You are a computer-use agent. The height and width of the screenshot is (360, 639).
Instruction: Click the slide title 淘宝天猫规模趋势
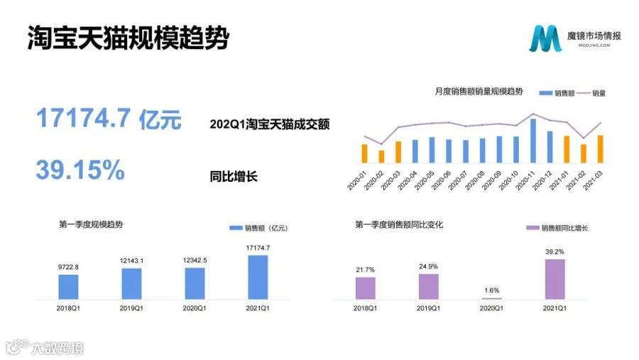[x=129, y=38]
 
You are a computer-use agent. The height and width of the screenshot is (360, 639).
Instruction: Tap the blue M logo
[x=545, y=38]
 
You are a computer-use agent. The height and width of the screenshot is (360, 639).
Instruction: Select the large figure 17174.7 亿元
[x=109, y=119]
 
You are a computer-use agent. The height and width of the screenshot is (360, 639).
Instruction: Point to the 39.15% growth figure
[x=80, y=170]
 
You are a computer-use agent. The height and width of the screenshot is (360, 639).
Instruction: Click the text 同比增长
[x=234, y=177]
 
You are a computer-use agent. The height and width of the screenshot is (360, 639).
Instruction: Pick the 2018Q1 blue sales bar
[x=68, y=287]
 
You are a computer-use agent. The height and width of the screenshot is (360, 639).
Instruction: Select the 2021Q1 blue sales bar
[x=258, y=278]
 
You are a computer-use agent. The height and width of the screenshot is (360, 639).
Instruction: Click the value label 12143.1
[x=131, y=261]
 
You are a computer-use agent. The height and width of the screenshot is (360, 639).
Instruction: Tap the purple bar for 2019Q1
[x=429, y=287]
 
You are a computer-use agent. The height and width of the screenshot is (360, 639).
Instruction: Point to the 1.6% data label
[x=491, y=290]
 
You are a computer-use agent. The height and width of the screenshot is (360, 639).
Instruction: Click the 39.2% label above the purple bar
[x=555, y=251]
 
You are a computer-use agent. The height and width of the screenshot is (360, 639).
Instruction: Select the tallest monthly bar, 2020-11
[x=533, y=141]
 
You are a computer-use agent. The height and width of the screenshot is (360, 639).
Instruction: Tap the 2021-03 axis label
[x=593, y=180]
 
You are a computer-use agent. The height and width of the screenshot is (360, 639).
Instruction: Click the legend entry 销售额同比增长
[x=557, y=228]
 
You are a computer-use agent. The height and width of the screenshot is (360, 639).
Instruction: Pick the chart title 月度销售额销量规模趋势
[x=479, y=92]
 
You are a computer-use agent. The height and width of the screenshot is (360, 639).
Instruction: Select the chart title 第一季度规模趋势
[x=91, y=224]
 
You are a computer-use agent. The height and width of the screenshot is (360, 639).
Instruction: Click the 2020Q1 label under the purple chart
[x=491, y=308]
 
